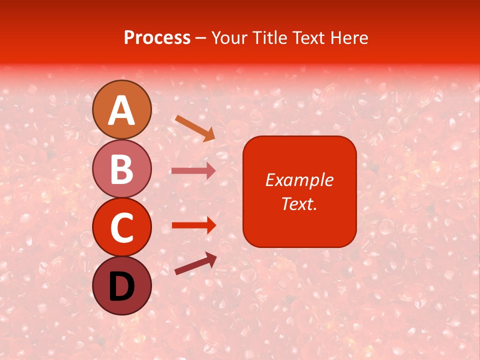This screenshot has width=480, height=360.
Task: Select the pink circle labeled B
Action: click(122, 168)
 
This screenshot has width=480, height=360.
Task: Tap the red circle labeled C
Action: click(122, 227)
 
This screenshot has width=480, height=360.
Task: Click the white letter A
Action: click(122, 111)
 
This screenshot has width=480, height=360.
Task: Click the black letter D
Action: click(122, 287)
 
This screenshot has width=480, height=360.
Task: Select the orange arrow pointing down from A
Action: click(195, 128)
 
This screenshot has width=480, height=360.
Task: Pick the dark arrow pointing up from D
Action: click(195, 263)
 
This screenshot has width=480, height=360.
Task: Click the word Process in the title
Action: click(157, 38)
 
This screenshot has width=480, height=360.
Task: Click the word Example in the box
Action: click(299, 180)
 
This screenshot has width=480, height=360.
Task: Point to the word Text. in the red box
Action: click(299, 203)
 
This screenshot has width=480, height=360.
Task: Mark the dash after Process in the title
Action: click(200, 38)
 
